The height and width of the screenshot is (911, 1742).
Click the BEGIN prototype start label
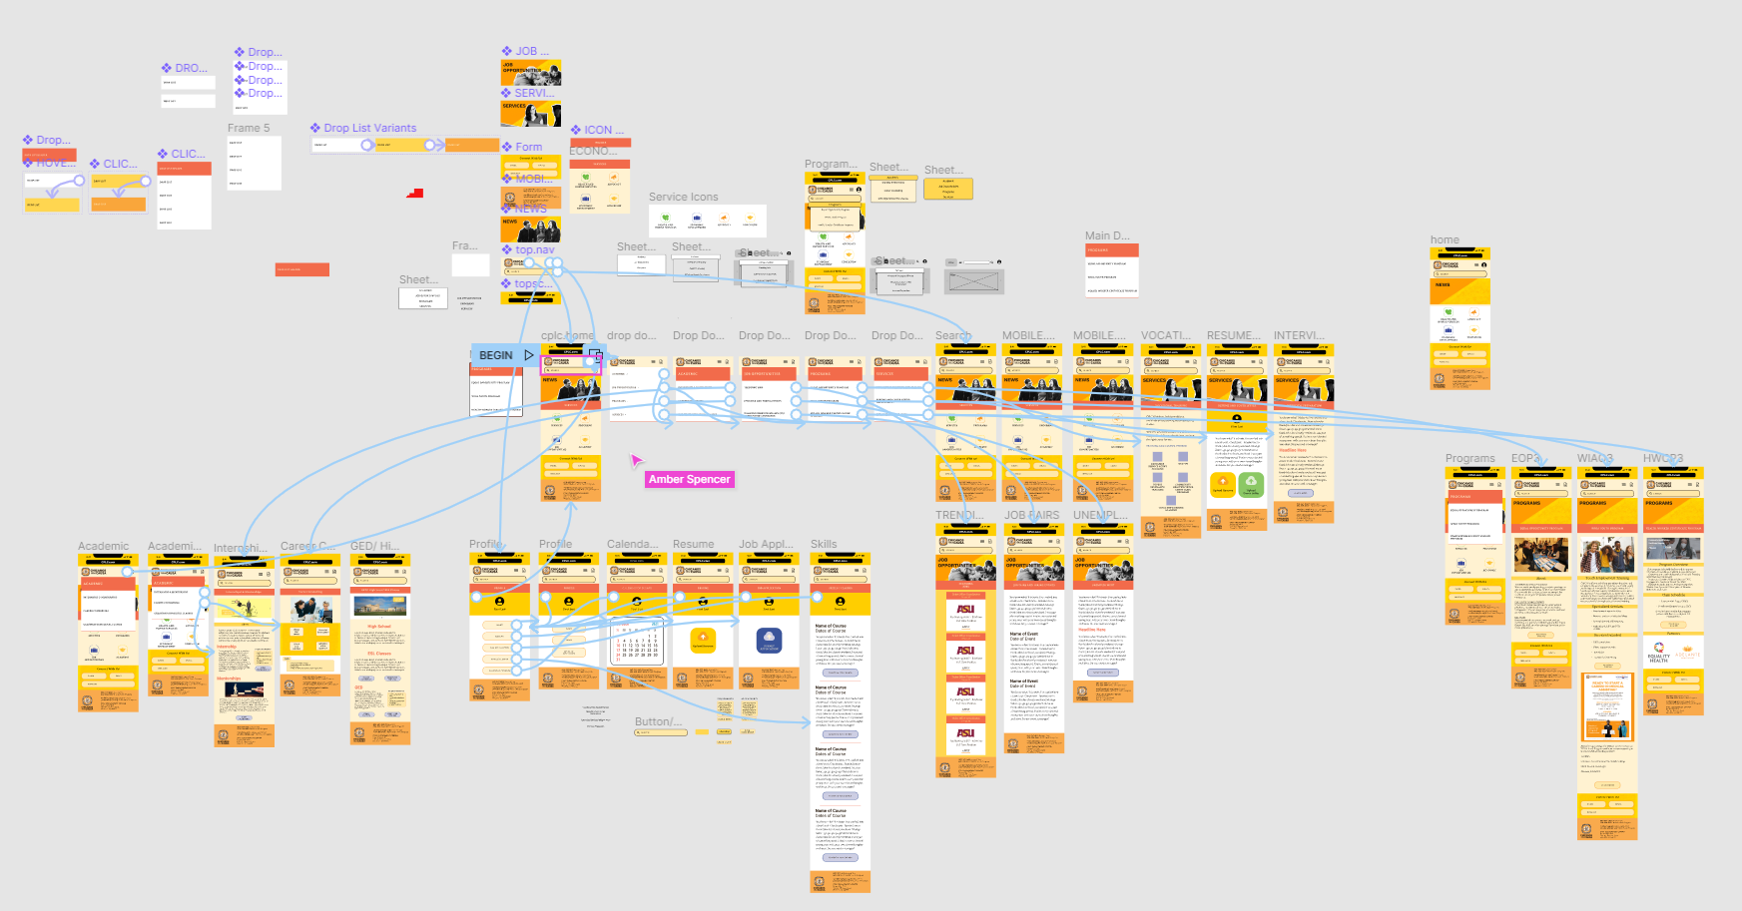tap(496, 355)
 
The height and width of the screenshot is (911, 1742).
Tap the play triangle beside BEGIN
tap(529, 355)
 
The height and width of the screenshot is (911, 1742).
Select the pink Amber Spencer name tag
tap(690, 480)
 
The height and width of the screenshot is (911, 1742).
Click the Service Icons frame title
tap(683, 198)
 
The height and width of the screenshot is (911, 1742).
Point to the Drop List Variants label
tap(369, 129)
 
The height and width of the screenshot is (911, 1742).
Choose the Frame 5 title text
tap(249, 129)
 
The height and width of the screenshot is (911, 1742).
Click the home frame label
tap(1445, 240)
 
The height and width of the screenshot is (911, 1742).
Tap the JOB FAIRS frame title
tap(1031, 516)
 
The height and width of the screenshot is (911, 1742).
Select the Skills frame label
tap(824, 545)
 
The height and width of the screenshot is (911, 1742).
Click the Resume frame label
tap(693, 545)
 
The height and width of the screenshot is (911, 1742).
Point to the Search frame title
tap(953, 336)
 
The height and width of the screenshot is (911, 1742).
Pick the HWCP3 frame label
tap(1663, 459)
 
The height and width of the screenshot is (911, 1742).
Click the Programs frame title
tap(1469, 459)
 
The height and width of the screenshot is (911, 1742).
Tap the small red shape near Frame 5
tap(415, 193)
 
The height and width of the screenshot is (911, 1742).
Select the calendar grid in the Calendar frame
tap(636, 643)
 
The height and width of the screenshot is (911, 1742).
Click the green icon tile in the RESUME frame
tap(1251, 484)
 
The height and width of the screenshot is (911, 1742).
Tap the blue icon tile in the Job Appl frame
tap(769, 640)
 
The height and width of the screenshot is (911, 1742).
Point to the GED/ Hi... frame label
tap(371, 547)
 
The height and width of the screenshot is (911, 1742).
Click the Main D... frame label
tap(1107, 236)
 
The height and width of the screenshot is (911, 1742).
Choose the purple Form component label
tap(528, 148)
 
